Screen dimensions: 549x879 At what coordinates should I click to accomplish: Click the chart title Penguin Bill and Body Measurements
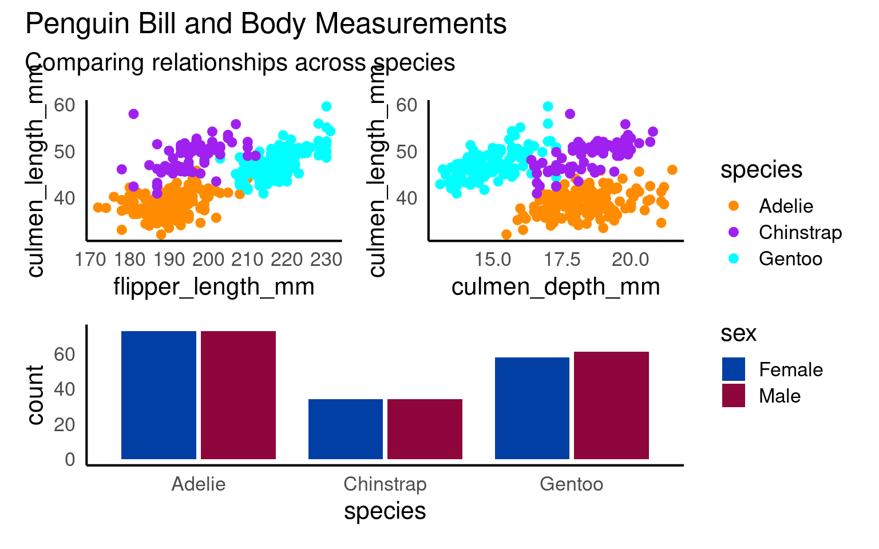pyautogui.click(x=266, y=25)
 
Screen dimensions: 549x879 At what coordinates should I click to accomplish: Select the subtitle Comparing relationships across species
pyautogui.click(x=240, y=62)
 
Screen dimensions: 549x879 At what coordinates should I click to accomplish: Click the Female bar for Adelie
pyautogui.click(x=159, y=395)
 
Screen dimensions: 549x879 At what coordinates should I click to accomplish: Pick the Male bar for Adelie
pyautogui.click(x=238, y=395)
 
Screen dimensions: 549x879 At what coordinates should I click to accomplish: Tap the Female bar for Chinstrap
pyautogui.click(x=345, y=429)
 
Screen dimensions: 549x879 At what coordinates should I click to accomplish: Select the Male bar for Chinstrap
pyautogui.click(x=425, y=429)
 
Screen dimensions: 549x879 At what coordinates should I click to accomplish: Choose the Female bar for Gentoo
pyautogui.click(x=532, y=408)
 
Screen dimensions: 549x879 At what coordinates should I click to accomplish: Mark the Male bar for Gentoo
pyautogui.click(x=611, y=405)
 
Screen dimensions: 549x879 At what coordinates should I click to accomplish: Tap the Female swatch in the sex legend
pyautogui.click(x=734, y=369)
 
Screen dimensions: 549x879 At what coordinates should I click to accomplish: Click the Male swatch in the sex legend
pyautogui.click(x=734, y=396)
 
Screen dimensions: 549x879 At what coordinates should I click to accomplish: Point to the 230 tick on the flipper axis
pyautogui.click(x=326, y=260)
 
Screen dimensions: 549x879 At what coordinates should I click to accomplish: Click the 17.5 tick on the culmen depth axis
pyautogui.click(x=561, y=260)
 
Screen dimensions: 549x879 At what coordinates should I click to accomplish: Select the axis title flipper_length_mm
pyautogui.click(x=214, y=287)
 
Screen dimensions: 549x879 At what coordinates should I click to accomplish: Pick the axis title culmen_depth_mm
pyautogui.click(x=556, y=287)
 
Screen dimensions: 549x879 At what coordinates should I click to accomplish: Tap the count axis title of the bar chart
pyautogui.click(x=35, y=395)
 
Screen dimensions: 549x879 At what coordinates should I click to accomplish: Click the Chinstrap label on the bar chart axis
pyautogui.click(x=385, y=484)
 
